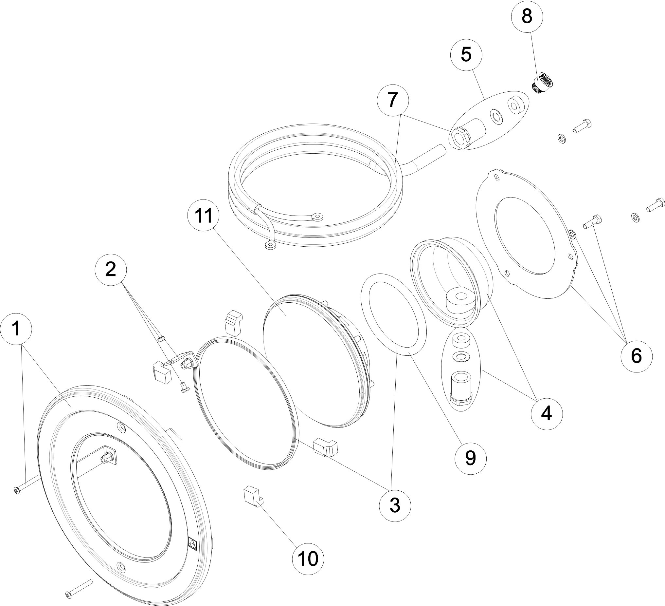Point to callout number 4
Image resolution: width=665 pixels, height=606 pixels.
(x=547, y=413)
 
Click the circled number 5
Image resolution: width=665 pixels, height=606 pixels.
(x=466, y=54)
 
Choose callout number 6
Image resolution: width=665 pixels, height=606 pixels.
(x=636, y=356)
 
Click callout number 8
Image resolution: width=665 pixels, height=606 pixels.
(x=527, y=16)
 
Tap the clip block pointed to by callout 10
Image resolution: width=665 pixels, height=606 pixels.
(x=251, y=497)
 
